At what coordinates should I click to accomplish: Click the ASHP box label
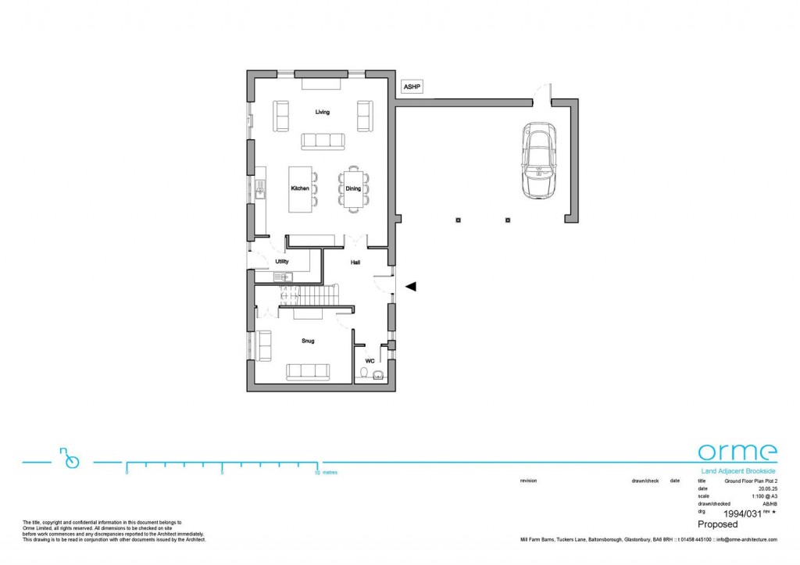coord(412,88)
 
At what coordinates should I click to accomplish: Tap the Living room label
coord(322,113)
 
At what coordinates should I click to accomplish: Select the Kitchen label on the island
coord(300,189)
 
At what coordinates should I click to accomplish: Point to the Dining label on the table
coord(353,189)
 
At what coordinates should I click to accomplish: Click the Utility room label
coord(282,261)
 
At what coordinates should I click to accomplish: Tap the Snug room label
coord(308,342)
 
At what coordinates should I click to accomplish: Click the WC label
coord(370,361)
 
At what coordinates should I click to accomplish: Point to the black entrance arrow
coord(410,287)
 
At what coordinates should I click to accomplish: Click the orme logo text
coord(737,452)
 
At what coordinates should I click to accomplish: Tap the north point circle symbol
coord(73,462)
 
